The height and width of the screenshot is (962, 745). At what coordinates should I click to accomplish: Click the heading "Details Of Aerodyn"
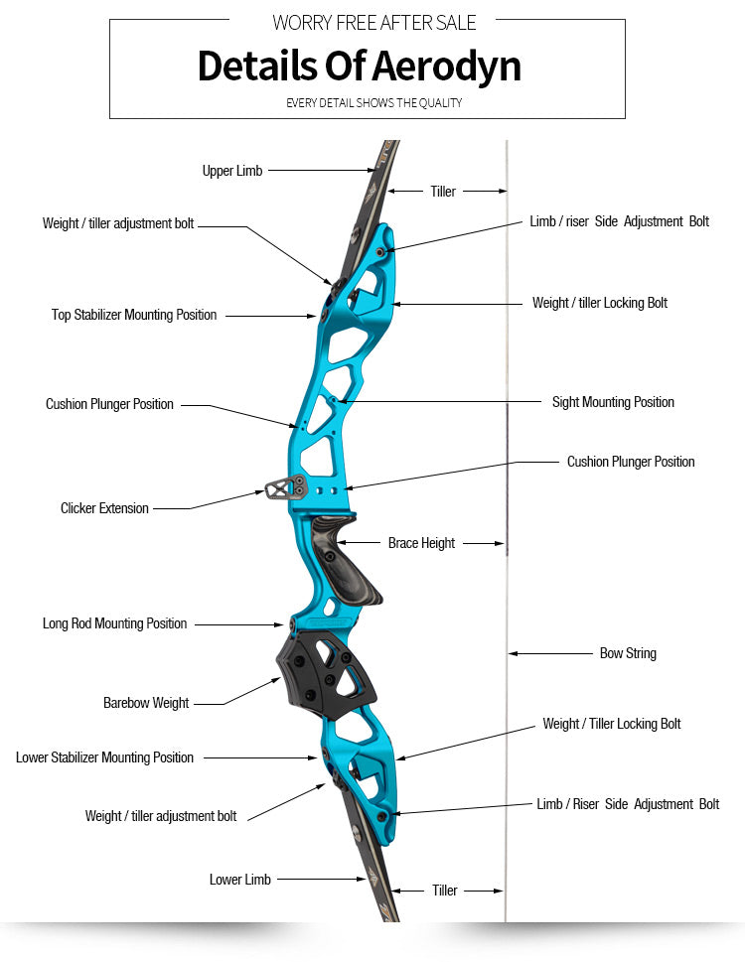point(359,66)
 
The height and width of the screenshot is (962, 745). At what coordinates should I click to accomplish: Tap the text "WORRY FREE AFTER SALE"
point(373,22)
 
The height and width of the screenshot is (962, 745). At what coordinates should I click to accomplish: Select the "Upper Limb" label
point(232,171)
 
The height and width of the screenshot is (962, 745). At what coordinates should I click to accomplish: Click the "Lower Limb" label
point(240,880)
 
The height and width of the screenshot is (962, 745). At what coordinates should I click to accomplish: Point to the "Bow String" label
point(628,653)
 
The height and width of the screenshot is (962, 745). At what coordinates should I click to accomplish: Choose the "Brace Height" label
point(421,543)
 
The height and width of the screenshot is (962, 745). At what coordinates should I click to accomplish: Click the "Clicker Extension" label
point(104,508)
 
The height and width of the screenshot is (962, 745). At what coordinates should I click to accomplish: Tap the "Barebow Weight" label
point(146,703)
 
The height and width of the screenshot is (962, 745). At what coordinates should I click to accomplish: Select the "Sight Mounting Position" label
point(613,402)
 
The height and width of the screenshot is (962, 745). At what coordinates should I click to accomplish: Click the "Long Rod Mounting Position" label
point(114,623)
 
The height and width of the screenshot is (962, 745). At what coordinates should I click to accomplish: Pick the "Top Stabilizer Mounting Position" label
point(134,315)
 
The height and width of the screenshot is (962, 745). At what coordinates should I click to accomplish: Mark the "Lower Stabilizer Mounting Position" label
point(104,757)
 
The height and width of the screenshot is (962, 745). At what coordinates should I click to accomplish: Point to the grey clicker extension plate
point(284,487)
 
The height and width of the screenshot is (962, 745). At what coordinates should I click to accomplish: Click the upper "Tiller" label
point(443,192)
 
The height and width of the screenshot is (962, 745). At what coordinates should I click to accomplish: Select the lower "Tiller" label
point(445,891)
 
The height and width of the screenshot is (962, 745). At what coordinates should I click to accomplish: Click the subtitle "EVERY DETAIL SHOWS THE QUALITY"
point(373,103)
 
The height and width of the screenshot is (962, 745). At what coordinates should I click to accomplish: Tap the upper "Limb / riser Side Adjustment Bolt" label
point(619,221)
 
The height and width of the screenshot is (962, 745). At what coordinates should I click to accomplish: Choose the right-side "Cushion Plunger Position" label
point(631,462)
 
